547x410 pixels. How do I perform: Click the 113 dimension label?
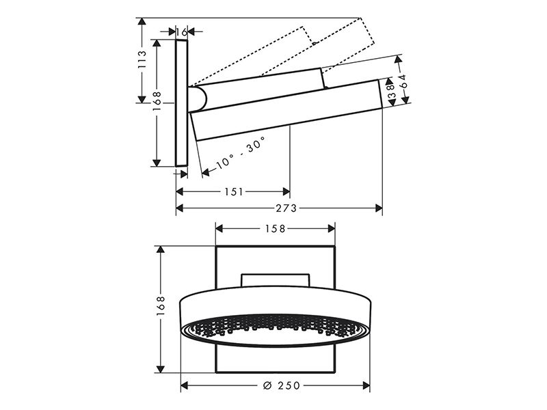[x=142, y=59]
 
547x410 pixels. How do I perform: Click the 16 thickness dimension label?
[x=182, y=32]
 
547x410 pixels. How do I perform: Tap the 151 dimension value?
[x=233, y=191]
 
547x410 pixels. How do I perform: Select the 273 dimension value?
[x=286, y=208]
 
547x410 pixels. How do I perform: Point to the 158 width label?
[x=276, y=229]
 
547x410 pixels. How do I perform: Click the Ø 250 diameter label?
[x=281, y=385]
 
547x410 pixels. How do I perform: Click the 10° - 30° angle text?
[x=241, y=152]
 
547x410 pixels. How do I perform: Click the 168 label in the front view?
[x=160, y=306]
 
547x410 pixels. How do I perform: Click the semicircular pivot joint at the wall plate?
[x=198, y=98]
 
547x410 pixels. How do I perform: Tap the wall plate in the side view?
[x=181, y=103]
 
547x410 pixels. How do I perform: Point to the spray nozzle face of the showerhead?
[x=275, y=330]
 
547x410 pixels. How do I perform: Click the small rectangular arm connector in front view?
[x=276, y=280]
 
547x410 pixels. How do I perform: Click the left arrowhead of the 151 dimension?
[x=180, y=191]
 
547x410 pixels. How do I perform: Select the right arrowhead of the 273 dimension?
[x=379, y=208]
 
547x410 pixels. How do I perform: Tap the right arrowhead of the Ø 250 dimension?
[x=366, y=385]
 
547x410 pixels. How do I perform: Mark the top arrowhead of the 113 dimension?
[x=142, y=22]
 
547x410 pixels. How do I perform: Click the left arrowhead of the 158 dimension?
[x=219, y=229]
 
